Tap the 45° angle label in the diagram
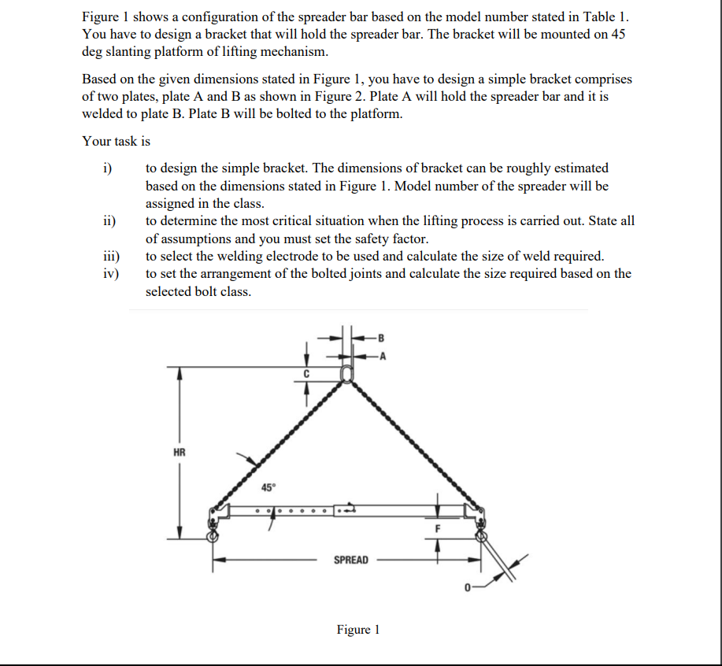[268, 487]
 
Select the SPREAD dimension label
[350, 560]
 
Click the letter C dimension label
[308, 373]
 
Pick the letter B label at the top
[382, 338]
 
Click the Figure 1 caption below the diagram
[357, 630]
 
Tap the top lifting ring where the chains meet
[346, 373]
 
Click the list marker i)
[108, 168]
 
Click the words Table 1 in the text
[605, 17]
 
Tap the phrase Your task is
[117, 142]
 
